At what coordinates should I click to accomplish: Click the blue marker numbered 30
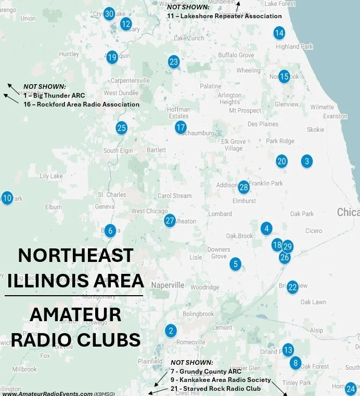coord(109,14)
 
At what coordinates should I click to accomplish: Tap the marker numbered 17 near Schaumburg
coord(181,127)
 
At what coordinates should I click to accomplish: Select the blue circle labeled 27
coord(170,220)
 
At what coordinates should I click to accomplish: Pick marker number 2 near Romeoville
coord(170,331)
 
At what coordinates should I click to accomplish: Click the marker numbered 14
coord(279,33)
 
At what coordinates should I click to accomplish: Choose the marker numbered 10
coord(7,198)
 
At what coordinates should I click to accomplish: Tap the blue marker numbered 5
coord(236,264)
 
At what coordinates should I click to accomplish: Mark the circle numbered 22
coord(292,287)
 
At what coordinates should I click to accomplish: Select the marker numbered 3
coord(307,161)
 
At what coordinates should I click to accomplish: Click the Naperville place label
coord(168,285)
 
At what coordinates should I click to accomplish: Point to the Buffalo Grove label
coord(236,55)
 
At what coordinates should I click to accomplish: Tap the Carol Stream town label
coord(175,196)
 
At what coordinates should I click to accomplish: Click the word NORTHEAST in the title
coord(75,256)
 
